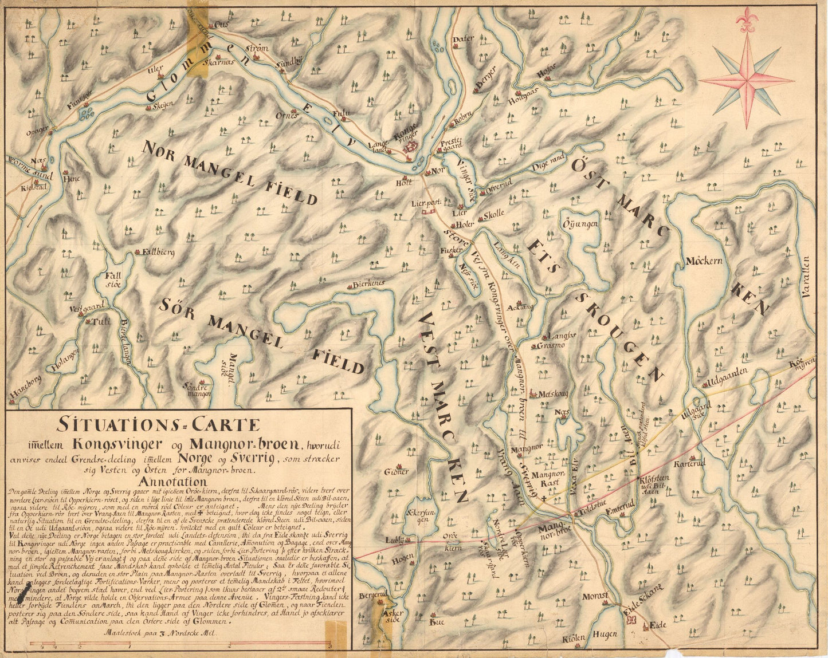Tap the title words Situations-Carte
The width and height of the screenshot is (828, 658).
click(x=158, y=425)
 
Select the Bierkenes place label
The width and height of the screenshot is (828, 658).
click(x=368, y=283)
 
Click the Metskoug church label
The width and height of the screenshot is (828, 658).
click(x=554, y=393)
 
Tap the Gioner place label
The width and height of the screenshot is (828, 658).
click(x=397, y=471)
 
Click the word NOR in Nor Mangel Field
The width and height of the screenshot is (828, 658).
click(x=163, y=150)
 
